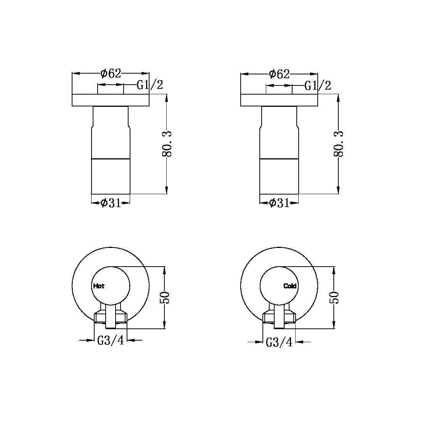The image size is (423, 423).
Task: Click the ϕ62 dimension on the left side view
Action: pos(111,73)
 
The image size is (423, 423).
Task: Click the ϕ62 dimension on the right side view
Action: pos(279,74)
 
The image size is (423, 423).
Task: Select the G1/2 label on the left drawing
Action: pos(150,85)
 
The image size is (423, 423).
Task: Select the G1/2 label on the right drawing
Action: pos(318,85)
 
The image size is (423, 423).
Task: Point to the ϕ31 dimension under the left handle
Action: pos(111,203)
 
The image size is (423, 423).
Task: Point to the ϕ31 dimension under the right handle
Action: pos(279,203)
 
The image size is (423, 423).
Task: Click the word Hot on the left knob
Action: pos(98,286)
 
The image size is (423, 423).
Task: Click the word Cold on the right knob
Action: pos(290,286)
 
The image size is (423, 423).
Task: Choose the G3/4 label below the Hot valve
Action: pos(111,340)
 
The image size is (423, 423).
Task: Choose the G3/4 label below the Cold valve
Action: pos(279,342)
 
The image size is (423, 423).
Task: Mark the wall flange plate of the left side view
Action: pos(111,100)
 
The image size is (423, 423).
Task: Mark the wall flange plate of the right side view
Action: pos(279,100)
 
